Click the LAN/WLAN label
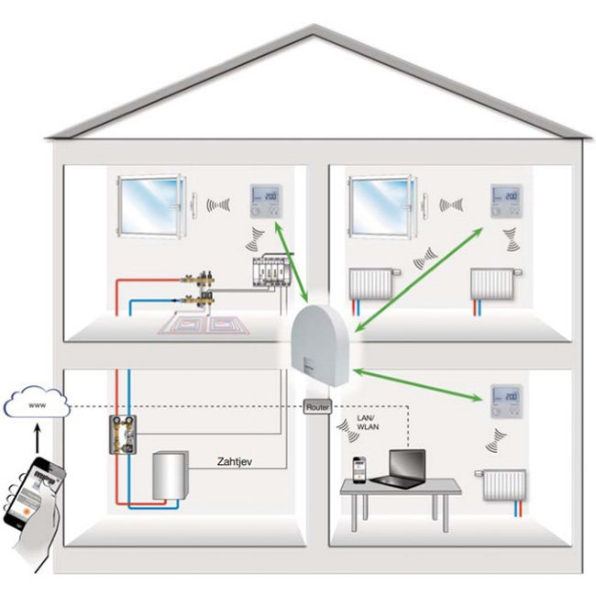point(370,427)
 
